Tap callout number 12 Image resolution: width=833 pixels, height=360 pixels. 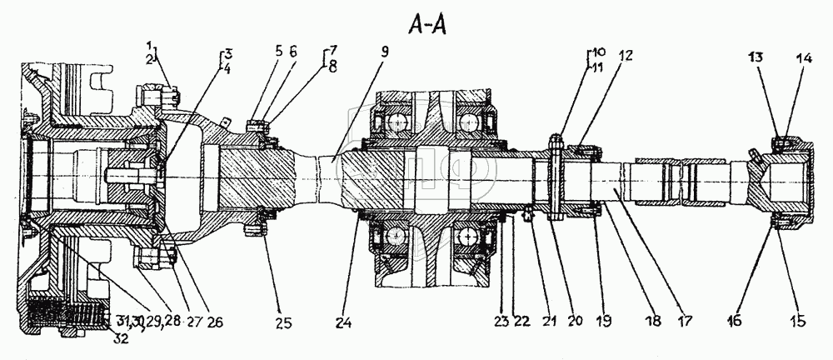[x=626, y=56]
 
